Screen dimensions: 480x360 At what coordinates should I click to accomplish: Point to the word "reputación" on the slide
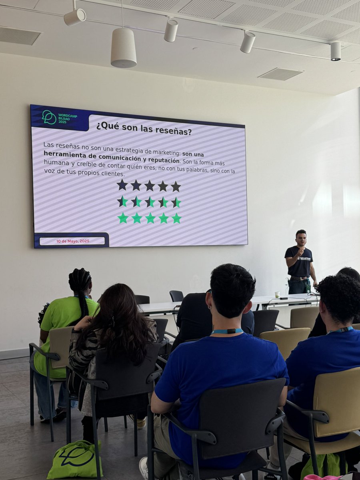(x=161, y=161)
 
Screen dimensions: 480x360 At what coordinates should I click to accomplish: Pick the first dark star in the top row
(x=122, y=185)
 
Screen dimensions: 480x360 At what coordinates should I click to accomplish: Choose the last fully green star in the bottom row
(x=176, y=218)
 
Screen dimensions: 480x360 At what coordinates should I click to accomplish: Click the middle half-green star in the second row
(x=150, y=202)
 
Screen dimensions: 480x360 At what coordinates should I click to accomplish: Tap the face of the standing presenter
(x=301, y=238)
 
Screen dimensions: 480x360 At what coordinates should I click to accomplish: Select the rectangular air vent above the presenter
(x=280, y=74)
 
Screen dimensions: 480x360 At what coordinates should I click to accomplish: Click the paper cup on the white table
(x=277, y=294)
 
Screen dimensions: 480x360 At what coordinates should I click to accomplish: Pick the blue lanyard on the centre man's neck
(x=227, y=331)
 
